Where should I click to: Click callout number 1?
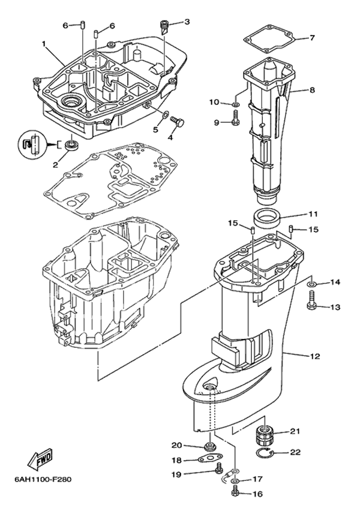click(x=44, y=44)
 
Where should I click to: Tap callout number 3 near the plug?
click(x=187, y=22)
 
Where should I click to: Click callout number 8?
click(x=312, y=91)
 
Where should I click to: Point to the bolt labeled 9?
click(x=235, y=122)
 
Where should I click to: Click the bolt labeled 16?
click(x=235, y=494)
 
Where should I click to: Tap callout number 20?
click(x=176, y=445)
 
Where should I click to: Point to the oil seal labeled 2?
click(x=73, y=145)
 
